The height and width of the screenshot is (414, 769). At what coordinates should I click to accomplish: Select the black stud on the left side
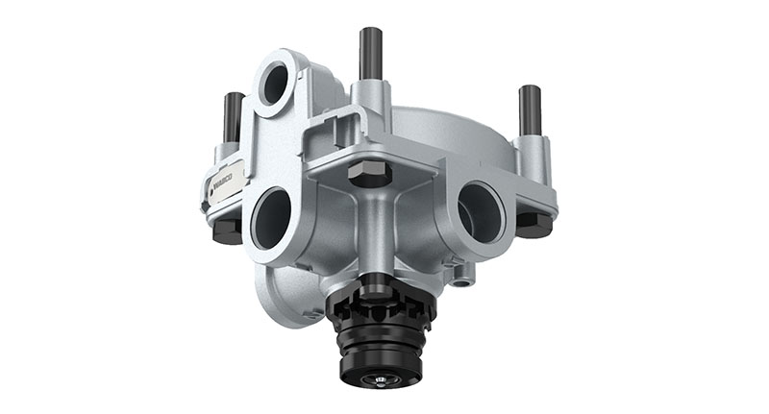click(x=233, y=116)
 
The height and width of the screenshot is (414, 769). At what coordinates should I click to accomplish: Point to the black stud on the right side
click(x=530, y=110)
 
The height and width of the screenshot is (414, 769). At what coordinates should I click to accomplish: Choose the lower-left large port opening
click(x=272, y=218)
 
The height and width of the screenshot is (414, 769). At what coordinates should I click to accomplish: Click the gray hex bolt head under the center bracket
click(x=370, y=174)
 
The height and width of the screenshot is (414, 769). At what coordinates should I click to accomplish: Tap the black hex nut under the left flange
click(x=226, y=231)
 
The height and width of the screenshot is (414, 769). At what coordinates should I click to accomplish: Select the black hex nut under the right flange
click(x=534, y=225)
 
